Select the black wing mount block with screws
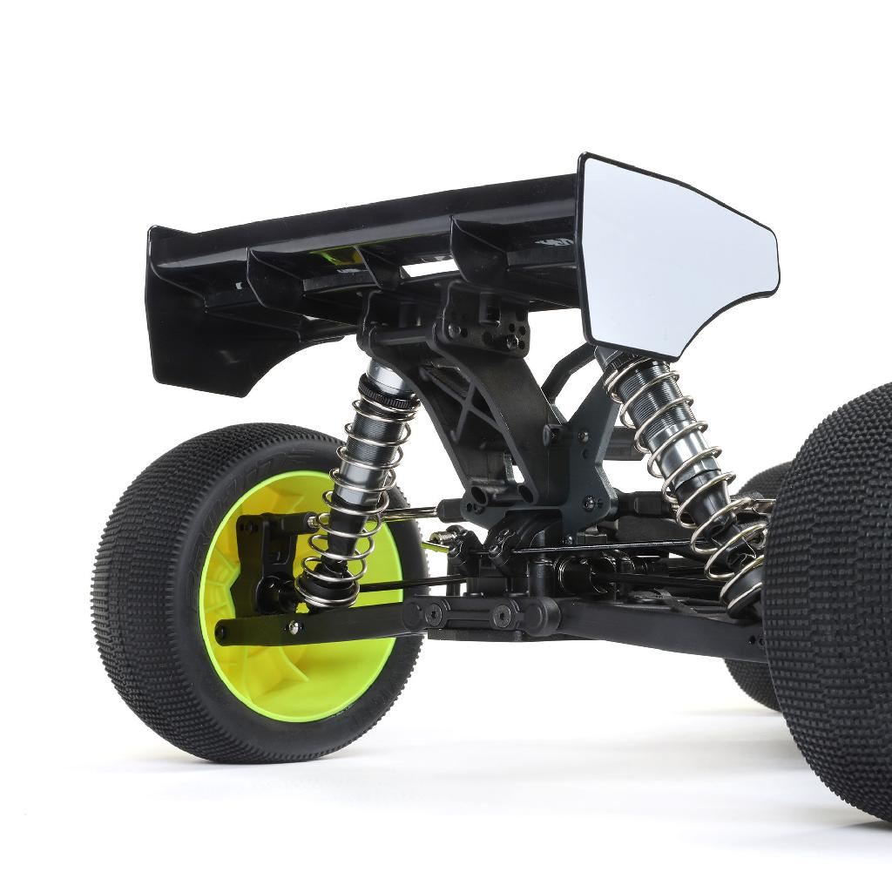coord(483,322)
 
